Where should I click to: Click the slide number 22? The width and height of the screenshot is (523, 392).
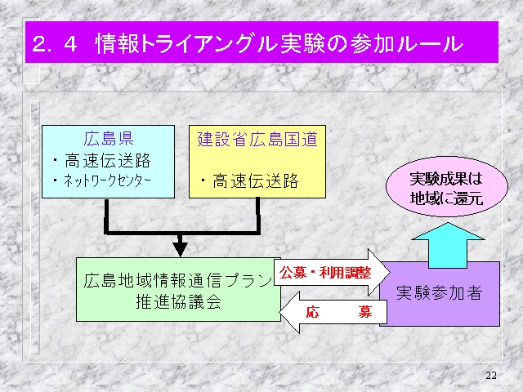[x=491, y=376]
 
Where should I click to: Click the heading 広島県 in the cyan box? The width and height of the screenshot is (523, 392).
[x=109, y=139]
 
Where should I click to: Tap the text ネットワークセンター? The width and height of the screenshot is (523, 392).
[x=107, y=180]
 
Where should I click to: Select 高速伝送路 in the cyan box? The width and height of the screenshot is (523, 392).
[x=107, y=160]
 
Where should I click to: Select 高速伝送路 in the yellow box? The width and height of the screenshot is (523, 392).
[x=256, y=181]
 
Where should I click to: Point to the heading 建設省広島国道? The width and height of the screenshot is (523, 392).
[x=257, y=140]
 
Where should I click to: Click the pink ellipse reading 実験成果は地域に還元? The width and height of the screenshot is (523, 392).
[x=447, y=187]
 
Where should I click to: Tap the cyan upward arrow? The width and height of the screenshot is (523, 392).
[x=448, y=245]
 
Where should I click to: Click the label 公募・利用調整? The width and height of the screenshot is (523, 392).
[x=325, y=273]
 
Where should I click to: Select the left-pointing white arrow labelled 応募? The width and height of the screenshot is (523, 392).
[x=333, y=312]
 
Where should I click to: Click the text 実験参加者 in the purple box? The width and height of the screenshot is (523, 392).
[x=440, y=293]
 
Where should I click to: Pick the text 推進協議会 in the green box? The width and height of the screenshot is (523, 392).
[x=178, y=302]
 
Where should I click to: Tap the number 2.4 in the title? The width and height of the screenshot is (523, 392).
[x=55, y=44]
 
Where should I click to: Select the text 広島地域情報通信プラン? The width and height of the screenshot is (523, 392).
[x=178, y=280]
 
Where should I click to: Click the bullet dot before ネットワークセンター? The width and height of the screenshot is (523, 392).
[x=56, y=181]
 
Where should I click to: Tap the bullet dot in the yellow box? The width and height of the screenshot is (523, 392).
[x=203, y=181]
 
